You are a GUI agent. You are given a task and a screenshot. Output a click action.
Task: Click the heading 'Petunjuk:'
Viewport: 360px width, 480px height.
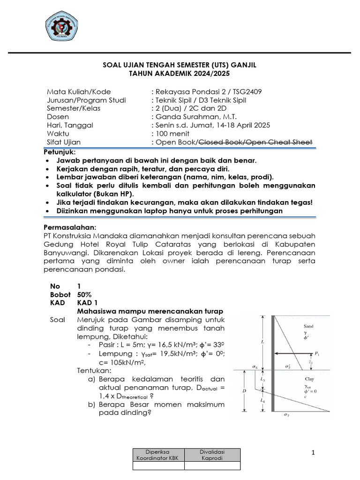60,152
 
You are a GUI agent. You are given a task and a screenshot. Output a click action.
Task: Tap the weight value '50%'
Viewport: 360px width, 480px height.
85,294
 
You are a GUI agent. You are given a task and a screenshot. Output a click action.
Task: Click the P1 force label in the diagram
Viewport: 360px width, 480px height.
318,352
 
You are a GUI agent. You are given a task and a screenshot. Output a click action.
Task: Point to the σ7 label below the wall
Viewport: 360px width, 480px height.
286,415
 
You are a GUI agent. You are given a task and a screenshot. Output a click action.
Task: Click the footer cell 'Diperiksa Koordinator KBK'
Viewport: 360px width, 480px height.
159,455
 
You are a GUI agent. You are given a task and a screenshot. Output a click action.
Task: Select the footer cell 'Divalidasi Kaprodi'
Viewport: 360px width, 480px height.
212,455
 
